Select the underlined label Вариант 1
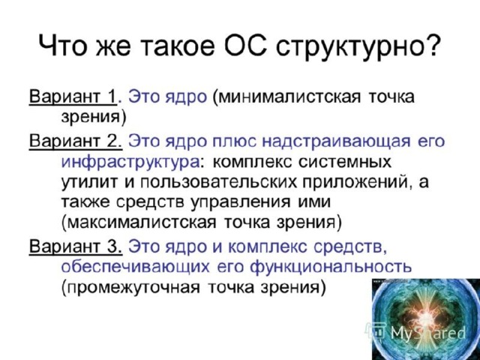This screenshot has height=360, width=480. pyautogui.click(x=73, y=97)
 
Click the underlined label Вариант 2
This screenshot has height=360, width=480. pyautogui.click(x=76, y=142)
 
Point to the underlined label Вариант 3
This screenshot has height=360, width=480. pyautogui.click(x=76, y=246)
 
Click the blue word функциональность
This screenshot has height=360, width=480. pyautogui.click(x=331, y=267)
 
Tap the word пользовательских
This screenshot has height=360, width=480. pyautogui.click(x=218, y=182)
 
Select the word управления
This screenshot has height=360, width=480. pyautogui.click(x=240, y=203)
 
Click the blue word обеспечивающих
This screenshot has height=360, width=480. pyautogui.click(x=135, y=267)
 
